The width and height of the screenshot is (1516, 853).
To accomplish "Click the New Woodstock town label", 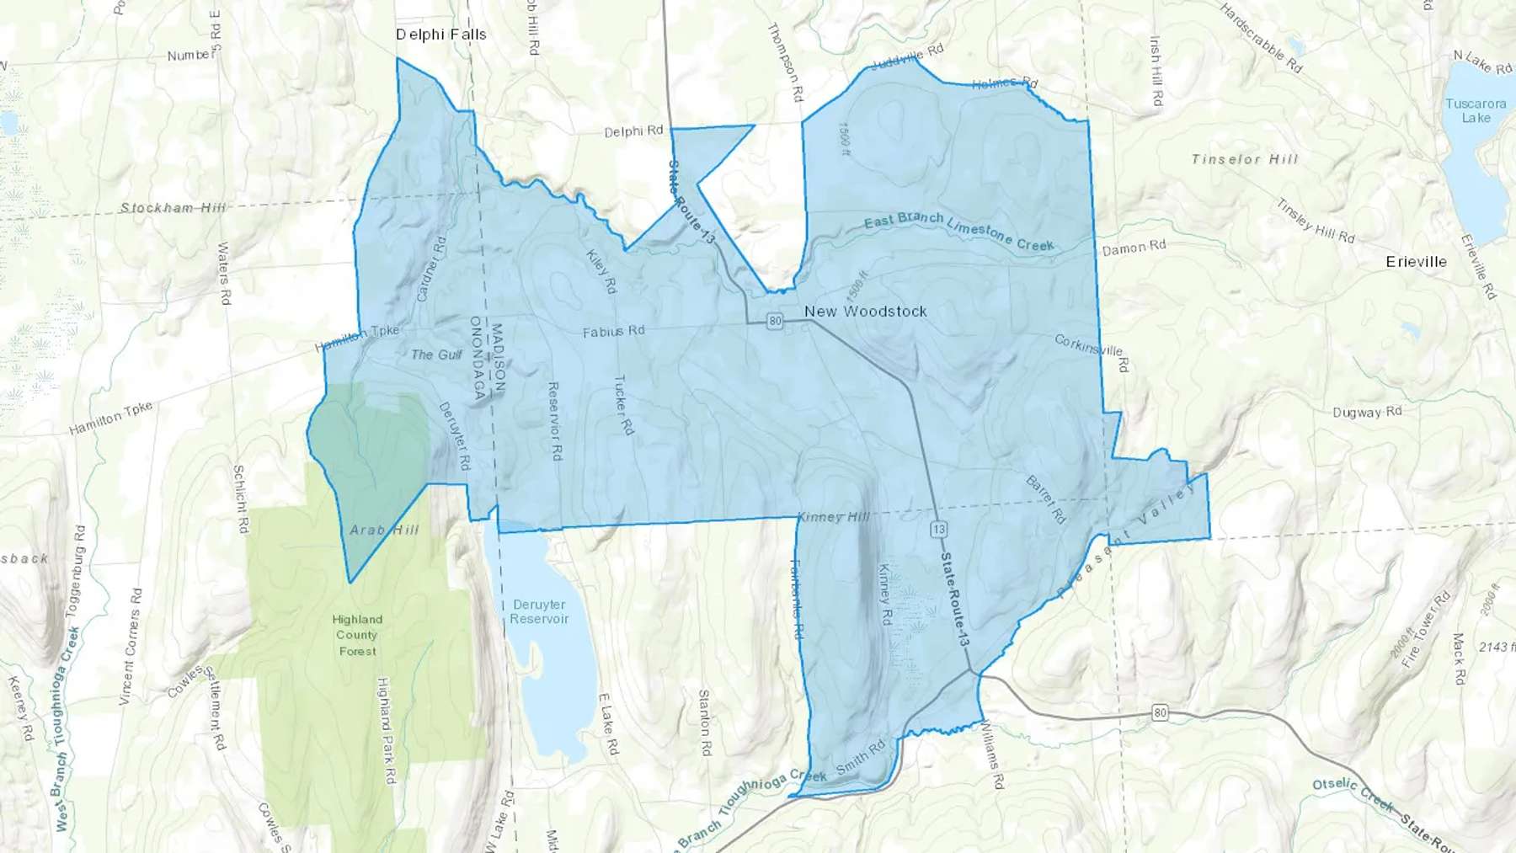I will click(865, 312).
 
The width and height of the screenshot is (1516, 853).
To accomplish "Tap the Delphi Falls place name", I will click(440, 35).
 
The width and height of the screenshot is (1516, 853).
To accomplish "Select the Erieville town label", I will click(1416, 262).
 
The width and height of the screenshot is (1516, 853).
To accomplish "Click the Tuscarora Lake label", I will click(1475, 111).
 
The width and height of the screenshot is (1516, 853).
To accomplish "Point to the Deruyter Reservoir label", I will click(539, 612).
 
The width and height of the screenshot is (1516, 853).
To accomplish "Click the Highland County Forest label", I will click(357, 635).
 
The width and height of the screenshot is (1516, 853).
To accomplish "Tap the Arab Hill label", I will click(384, 530).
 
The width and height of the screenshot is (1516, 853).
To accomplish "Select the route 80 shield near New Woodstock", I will click(775, 321).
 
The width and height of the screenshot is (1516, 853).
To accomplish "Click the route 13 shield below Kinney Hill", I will click(938, 529).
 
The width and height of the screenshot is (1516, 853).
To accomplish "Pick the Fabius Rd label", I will click(613, 332).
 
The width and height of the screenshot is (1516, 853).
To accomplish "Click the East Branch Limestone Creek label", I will click(958, 230).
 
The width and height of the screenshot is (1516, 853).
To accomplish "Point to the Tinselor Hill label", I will click(1245, 159).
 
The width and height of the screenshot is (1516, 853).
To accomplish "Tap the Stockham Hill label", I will click(173, 207).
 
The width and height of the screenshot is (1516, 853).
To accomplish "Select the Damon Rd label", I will click(1134, 248).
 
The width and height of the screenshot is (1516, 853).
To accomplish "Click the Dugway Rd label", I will click(1367, 412).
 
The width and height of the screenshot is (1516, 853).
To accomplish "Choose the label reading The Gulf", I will click(436, 355).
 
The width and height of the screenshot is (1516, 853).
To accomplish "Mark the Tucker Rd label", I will click(623, 405).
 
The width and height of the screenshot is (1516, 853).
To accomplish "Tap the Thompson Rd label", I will click(785, 62).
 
